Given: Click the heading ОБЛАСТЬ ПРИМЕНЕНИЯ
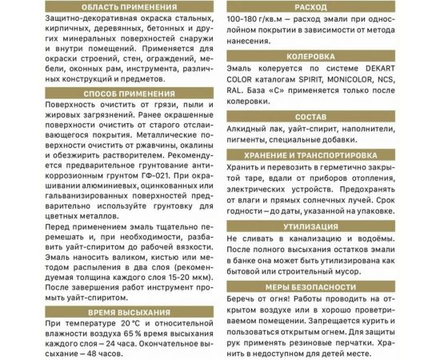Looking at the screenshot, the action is click(108, 7).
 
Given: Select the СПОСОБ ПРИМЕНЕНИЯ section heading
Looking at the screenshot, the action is click(108, 93).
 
